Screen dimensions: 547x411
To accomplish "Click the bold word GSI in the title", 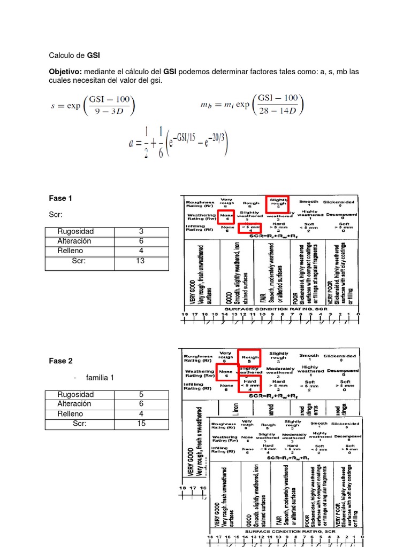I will [94, 55].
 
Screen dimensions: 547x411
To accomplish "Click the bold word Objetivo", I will [65, 72].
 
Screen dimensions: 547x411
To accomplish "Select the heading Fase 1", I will [60, 198].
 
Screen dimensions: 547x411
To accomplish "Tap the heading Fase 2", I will [60, 361].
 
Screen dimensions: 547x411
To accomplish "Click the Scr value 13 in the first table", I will [141, 261].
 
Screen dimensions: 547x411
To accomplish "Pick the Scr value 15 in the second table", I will [141, 424].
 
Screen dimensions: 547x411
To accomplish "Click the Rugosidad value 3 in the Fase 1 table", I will [141, 231].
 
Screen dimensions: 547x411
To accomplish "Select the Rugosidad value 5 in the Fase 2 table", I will [141, 394].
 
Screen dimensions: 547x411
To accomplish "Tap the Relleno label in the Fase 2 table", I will [70, 413].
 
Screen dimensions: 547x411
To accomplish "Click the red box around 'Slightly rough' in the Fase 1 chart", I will [278, 204].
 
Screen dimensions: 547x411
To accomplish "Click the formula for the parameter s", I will [94, 105].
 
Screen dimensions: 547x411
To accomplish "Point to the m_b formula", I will [250, 105].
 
